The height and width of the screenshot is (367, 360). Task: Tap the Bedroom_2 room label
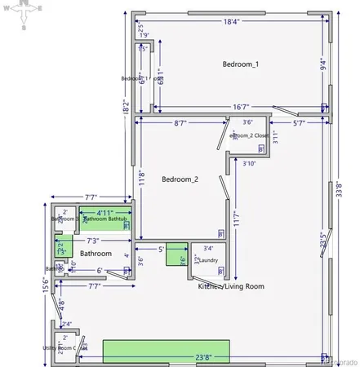(x=180, y=179)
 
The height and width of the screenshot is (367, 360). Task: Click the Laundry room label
(x=208, y=260)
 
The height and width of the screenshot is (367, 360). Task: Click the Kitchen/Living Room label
(x=231, y=286)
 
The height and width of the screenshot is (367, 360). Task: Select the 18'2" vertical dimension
(x=126, y=105)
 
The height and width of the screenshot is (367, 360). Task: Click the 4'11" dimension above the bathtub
(x=104, y=211)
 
